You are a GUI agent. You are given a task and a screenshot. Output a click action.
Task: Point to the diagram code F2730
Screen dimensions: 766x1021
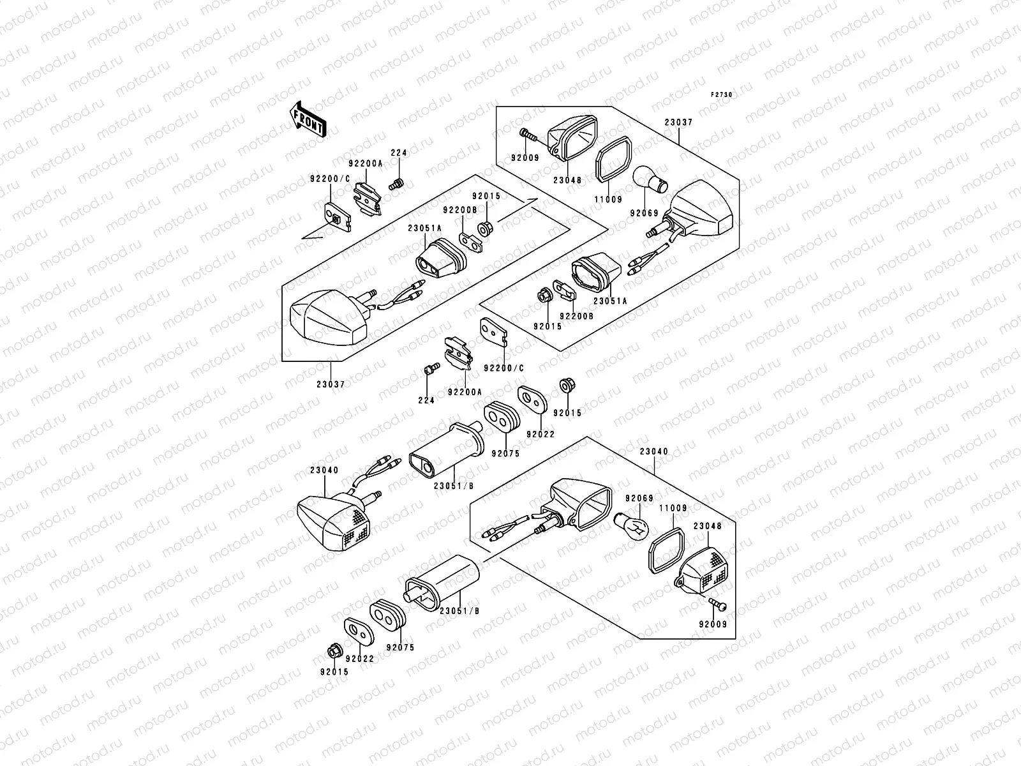tap(722, 94)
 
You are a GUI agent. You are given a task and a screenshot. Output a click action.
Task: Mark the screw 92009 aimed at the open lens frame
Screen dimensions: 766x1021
tap(527, 135)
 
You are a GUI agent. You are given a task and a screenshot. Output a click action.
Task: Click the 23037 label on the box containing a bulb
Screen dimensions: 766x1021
tap(678, 122)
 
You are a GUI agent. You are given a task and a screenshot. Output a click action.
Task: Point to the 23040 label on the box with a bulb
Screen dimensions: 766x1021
tap(654, 451)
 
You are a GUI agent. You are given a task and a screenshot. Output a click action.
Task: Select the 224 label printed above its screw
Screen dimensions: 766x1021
tap(399, 153)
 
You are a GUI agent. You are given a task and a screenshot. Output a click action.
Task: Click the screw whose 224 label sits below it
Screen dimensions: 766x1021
tap(429, 369)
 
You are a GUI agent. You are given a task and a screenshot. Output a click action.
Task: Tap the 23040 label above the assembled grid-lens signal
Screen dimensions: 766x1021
tap(325, 470)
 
